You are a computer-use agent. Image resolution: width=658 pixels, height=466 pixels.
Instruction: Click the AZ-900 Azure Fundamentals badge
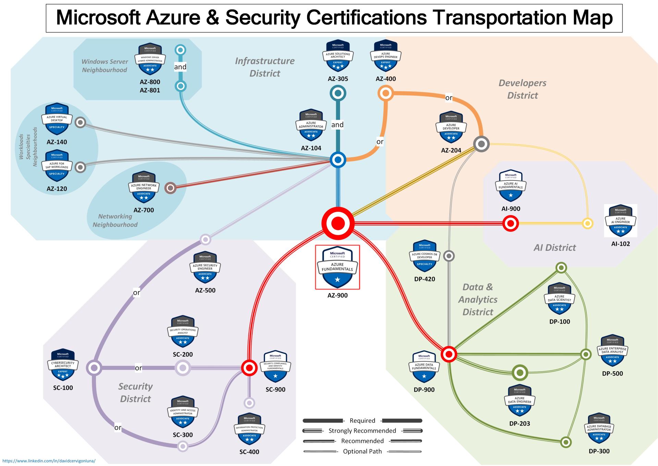pos(338,267)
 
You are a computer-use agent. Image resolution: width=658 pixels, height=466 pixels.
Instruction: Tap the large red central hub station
pos(338,223)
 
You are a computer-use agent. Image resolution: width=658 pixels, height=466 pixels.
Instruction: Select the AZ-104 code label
pos(311,148)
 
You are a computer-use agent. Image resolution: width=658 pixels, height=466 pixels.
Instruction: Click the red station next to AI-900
pos(510,224)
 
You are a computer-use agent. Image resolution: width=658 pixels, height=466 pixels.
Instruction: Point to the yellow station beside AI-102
pos(588,224)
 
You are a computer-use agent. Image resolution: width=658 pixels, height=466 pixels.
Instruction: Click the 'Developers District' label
pos(522,89)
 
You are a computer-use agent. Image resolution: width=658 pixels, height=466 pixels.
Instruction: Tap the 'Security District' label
pos(135,393)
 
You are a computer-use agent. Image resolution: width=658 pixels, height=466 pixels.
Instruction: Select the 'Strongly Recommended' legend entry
pos(362,431)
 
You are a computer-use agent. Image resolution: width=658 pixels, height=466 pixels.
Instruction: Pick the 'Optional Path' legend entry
pos(362,451)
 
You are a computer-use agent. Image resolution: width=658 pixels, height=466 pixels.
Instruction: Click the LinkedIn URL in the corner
pos(49,461)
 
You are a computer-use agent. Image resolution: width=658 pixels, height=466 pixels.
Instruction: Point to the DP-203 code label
pos(520,423)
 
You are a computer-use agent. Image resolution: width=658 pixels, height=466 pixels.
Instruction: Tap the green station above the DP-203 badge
pos(520,373)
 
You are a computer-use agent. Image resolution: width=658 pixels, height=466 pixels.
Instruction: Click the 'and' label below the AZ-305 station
pos(337,125)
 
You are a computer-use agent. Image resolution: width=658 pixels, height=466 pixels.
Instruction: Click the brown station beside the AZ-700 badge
pos(170,188)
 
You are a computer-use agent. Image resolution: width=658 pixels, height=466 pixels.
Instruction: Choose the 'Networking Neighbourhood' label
pos(115,221)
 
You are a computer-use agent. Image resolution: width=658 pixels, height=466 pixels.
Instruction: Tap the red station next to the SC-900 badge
pos(249,368)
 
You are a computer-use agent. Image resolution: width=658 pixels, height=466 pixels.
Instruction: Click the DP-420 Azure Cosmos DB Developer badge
pos(425,256)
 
